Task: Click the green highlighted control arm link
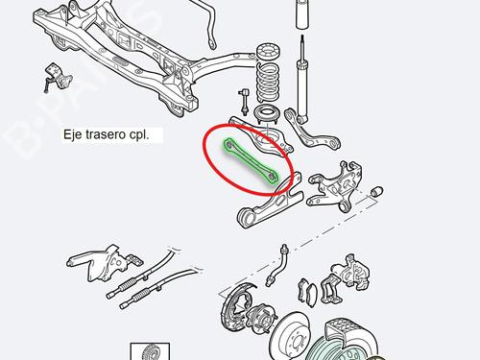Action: click(250, 161)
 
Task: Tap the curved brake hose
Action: click(277, 265)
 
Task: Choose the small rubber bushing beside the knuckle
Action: click(377, 191)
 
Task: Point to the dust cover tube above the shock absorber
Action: click(302, 14)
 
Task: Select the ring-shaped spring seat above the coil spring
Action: click(269, 51)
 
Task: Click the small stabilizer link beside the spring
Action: click(244, 103)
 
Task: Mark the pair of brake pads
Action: click(307, 291)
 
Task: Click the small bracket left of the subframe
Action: click(57, 78)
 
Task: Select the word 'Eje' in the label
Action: click(70, 134)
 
